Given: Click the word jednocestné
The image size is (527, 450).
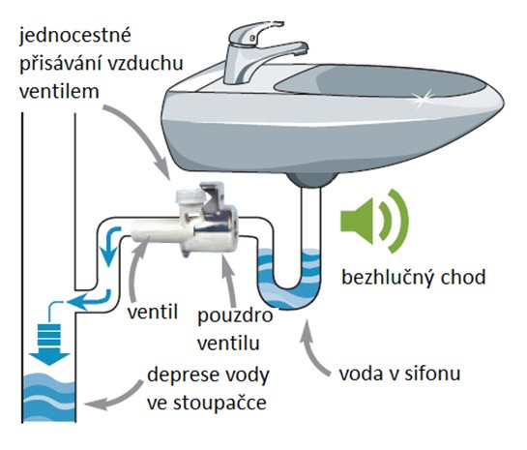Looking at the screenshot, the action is pos(74,36).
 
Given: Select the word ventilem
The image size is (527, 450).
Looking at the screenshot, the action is pos(59,91).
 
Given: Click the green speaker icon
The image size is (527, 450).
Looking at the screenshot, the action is pos(374,221).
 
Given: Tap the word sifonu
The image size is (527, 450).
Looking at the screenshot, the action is pos(432,374).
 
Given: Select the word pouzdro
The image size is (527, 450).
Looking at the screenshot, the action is pos(235,316).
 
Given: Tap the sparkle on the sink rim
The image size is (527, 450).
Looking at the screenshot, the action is pos(421,99).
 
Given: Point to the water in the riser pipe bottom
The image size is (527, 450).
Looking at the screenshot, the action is pos(49,398).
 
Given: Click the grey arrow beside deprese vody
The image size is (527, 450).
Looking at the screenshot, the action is pos(113,396).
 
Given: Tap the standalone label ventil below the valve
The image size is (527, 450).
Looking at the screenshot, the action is pos(153,313).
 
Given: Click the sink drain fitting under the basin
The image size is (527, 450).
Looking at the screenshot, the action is pos(311,180).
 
